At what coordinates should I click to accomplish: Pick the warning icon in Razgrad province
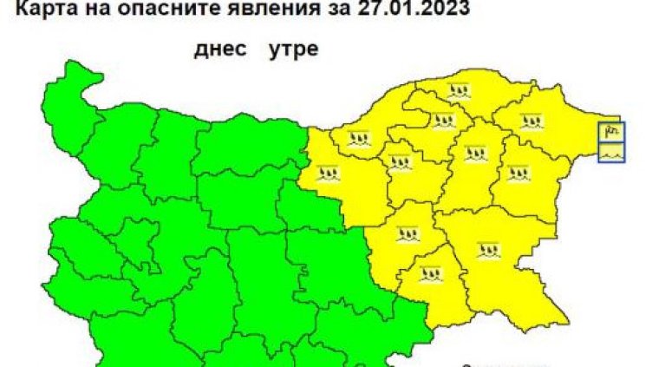pos(444,120)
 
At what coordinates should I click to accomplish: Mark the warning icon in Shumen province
pos(474,154)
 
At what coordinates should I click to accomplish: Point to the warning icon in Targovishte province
pos(400,161)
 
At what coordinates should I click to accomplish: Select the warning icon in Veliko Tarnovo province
pos(329,173)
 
